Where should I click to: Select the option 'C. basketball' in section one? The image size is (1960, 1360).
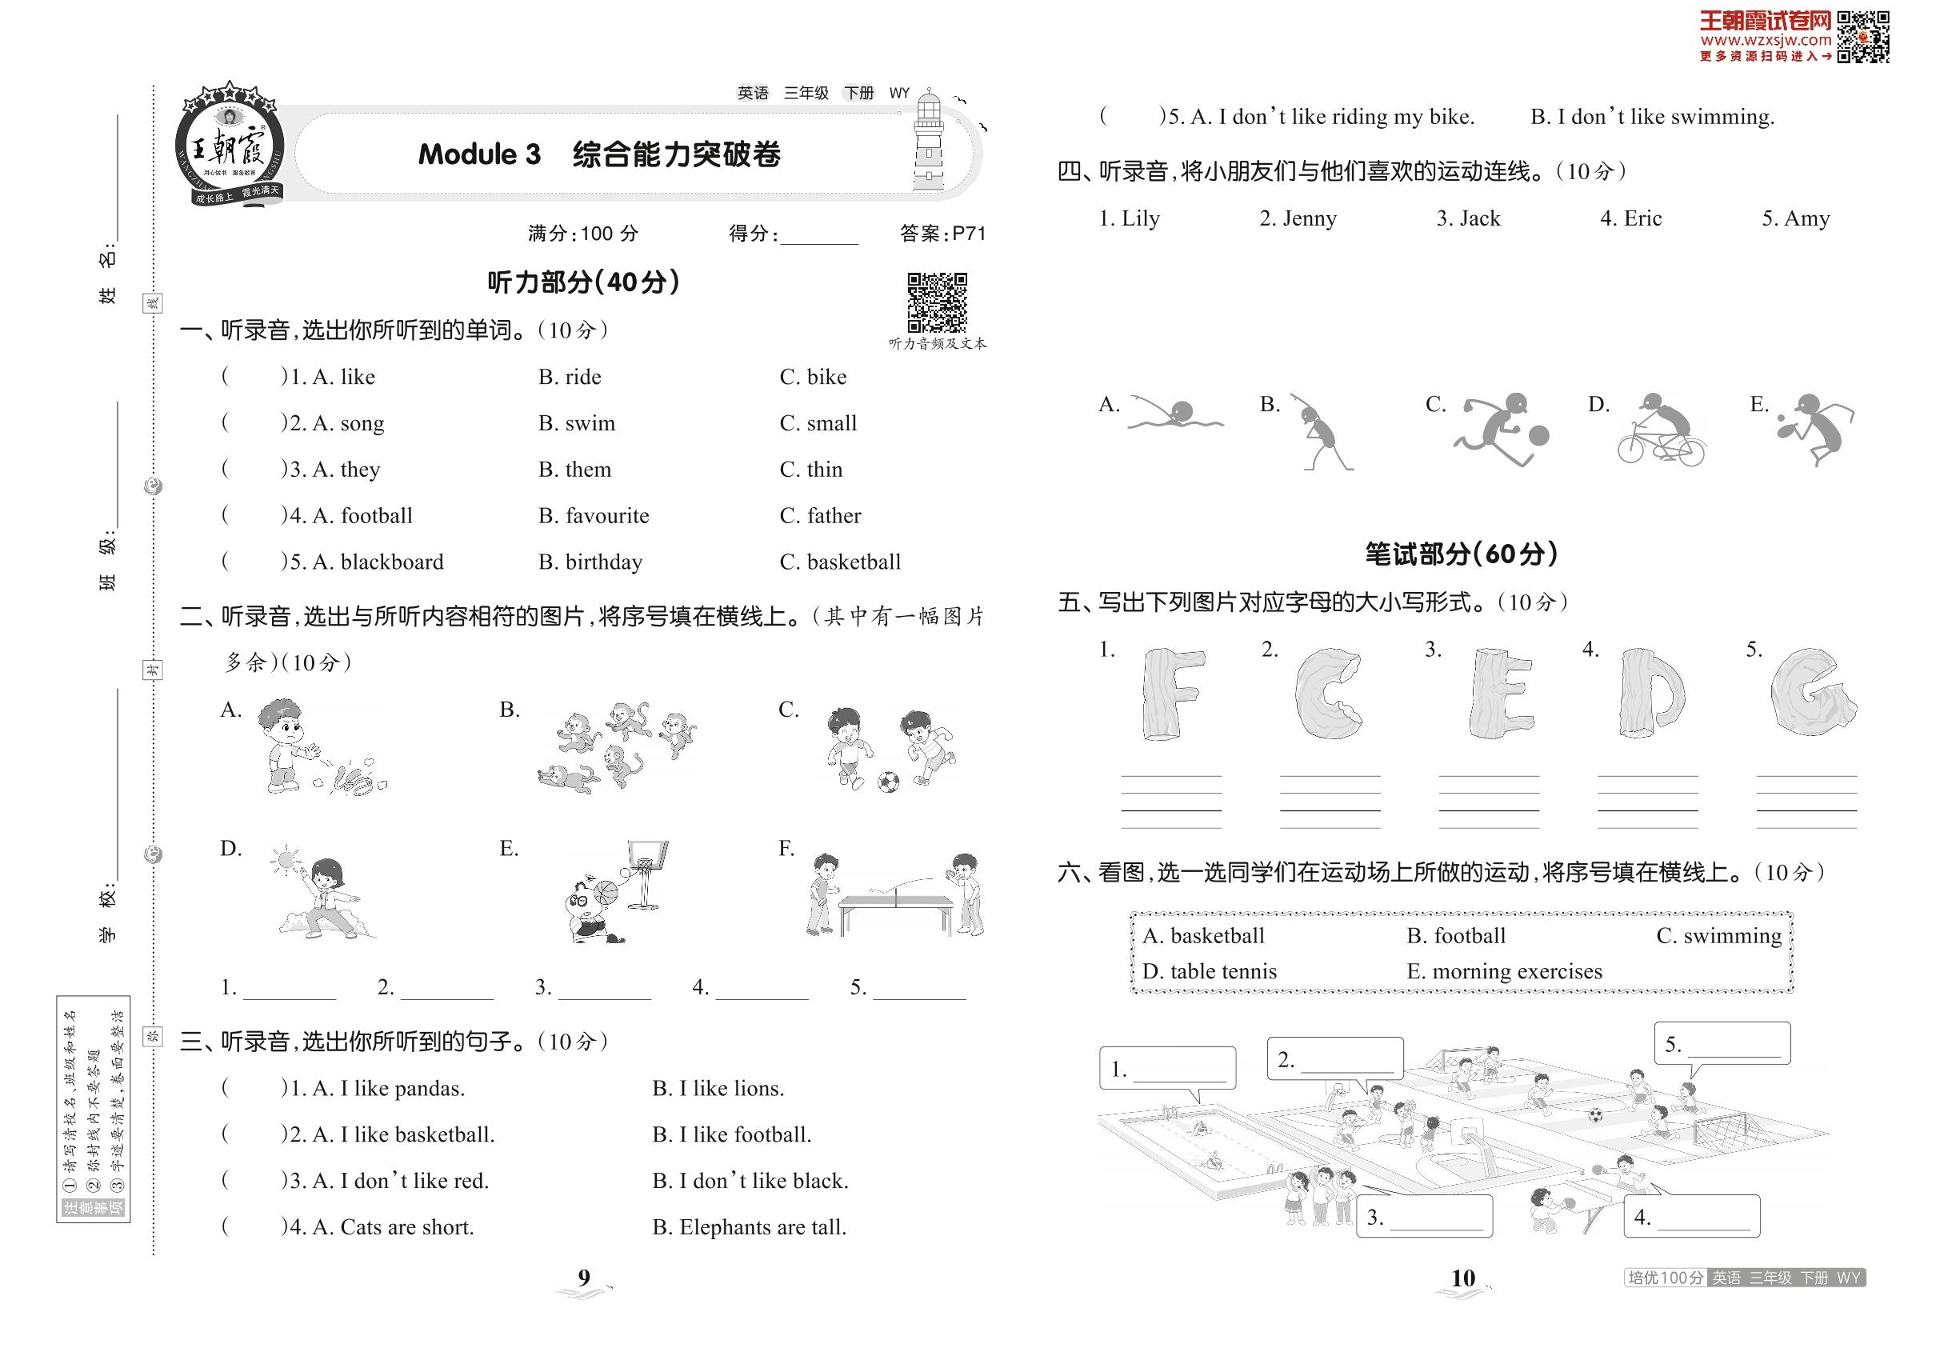(839, 562)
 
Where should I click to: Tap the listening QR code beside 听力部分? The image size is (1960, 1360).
(937, 302)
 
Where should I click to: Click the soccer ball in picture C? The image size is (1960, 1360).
(888, 782)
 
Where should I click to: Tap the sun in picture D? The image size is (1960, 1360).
(286, 858)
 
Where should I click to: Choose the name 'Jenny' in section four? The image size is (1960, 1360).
(1309, 219)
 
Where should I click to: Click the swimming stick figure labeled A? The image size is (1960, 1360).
(1174, 414)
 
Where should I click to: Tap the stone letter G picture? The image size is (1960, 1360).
(1812, 691)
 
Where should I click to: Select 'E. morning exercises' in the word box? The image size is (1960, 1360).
(1504, 971)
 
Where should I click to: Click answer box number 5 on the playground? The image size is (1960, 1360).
(1722, 1045)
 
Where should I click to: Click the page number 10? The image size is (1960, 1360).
(1462, 1278)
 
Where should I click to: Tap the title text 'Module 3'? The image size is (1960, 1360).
(479, 154)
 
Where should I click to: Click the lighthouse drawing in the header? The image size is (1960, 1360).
(928, 141)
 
